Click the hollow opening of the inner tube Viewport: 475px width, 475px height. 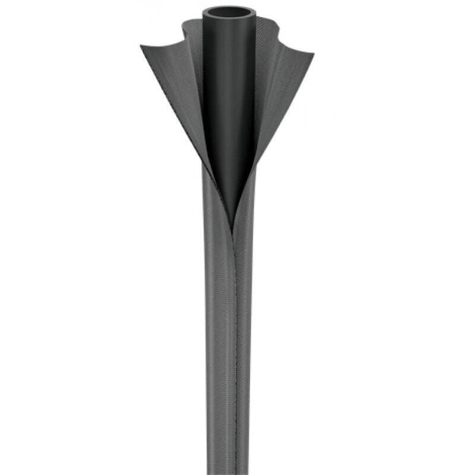coord(229,12)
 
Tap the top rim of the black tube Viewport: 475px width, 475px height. coord(229,7)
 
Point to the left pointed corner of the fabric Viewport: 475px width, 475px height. coord(142,46)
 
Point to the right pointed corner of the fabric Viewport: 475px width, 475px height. coord(313,55)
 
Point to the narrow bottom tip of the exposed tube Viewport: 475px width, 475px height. coord(232,214)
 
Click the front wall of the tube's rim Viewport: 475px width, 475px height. coord(229,18)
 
